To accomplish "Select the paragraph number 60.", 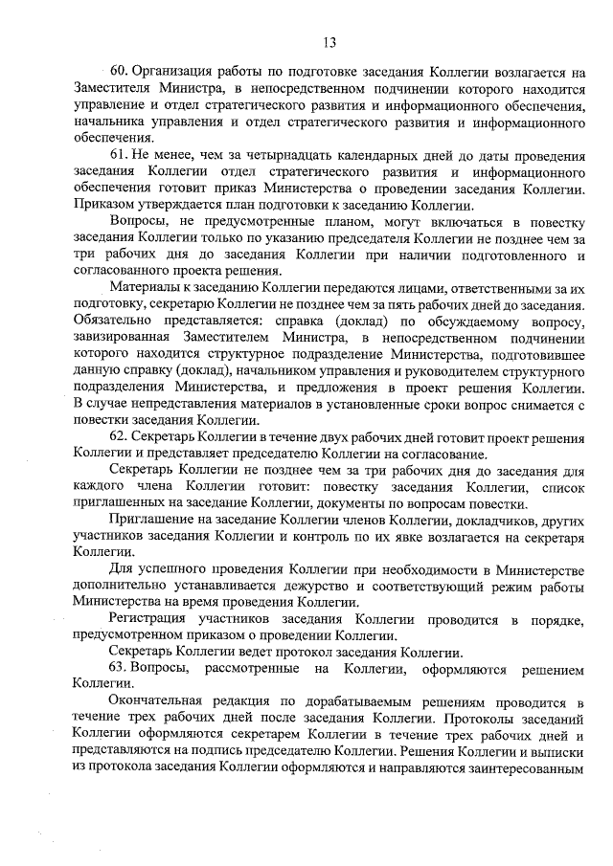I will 119,71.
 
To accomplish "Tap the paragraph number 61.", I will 119,156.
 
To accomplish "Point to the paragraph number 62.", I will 119,435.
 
